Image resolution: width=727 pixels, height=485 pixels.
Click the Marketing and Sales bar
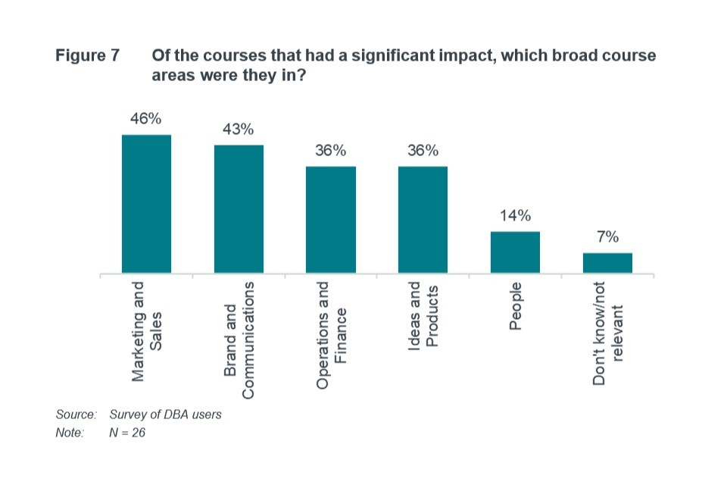coord(146,204)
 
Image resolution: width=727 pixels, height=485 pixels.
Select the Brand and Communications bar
coord(239,208)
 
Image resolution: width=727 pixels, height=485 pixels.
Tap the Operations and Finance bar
coord(331,219)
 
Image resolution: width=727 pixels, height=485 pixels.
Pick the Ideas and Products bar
coord(423,219)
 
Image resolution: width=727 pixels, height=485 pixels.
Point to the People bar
coord(515,252)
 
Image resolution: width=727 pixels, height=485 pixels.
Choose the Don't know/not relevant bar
coord(607,262)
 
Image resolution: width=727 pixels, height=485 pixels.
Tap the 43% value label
coord(238,129)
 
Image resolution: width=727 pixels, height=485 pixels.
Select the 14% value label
coord(515,215)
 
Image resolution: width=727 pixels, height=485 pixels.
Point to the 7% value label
coord(607,237)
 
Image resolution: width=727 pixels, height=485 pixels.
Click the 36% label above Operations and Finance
coord(331,150)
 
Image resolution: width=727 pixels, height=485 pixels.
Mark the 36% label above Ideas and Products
coord(423,150)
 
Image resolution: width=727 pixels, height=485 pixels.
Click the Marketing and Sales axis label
coord(147,331)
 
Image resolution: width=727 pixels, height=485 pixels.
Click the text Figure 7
coord(88,57)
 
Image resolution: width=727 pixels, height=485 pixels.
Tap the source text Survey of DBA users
coord(166,415)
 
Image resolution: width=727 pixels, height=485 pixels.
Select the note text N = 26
coord(127,433)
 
